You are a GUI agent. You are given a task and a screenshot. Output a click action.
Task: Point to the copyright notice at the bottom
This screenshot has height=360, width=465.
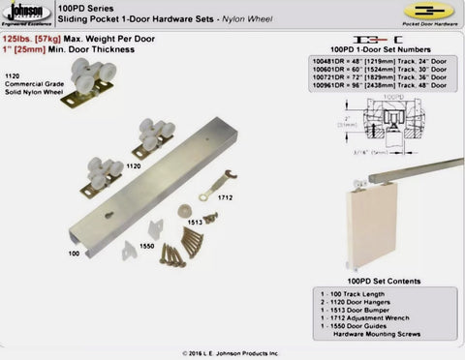coord(232,353)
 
